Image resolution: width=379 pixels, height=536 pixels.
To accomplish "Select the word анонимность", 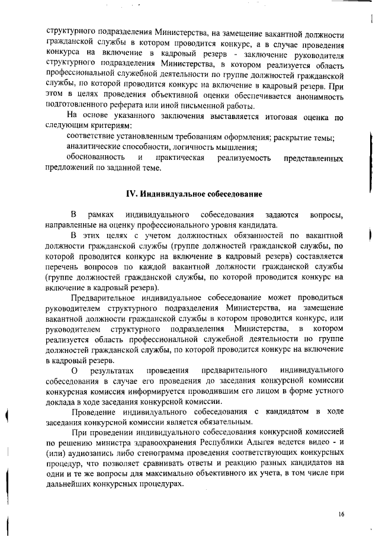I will coord(314,97).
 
